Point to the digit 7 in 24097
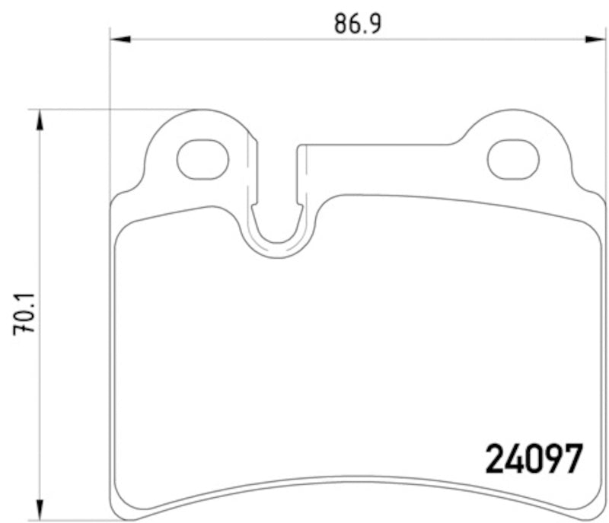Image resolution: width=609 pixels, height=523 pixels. pyautogui.click(x=572, y=459)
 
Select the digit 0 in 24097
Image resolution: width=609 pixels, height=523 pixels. pyautogui.click(x=533, y=459)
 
